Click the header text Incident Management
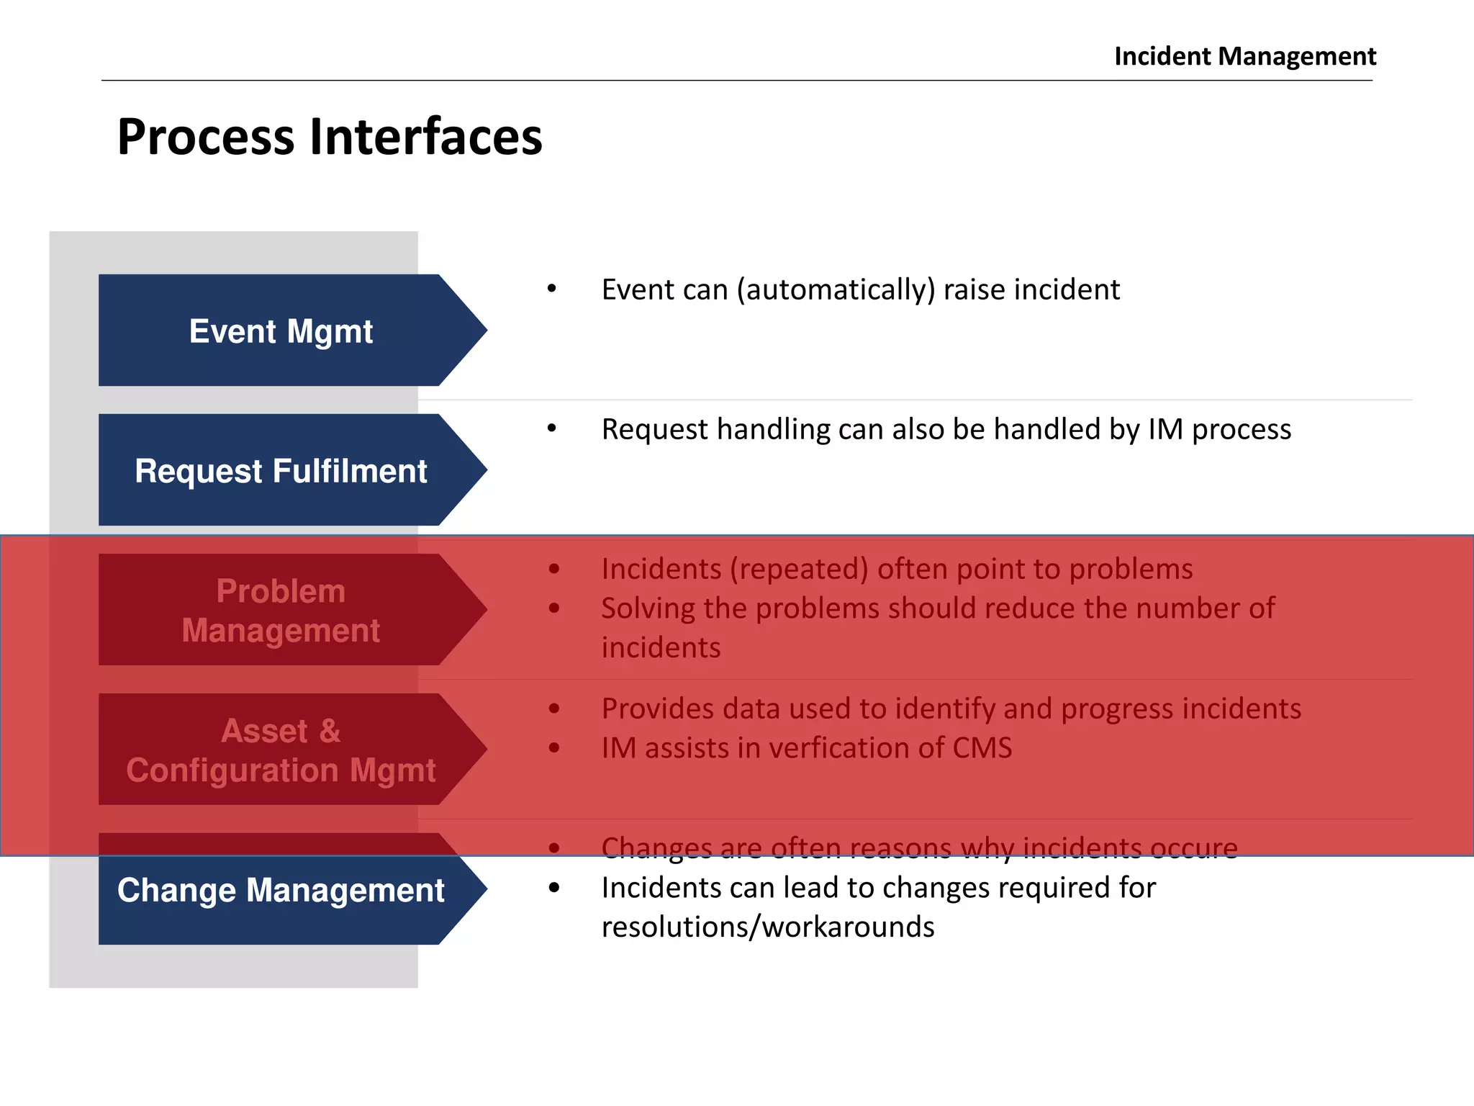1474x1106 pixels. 1244,56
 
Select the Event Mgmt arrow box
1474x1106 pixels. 281,331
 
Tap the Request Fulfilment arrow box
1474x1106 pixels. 281,471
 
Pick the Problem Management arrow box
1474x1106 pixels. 281,611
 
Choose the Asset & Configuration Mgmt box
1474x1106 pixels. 281,750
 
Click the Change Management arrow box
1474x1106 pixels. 281,891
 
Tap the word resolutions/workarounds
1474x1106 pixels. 767,927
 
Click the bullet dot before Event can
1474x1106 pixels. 552,289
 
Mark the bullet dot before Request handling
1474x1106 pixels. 552,428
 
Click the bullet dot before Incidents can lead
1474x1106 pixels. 553,888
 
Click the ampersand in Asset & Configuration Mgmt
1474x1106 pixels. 330,731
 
